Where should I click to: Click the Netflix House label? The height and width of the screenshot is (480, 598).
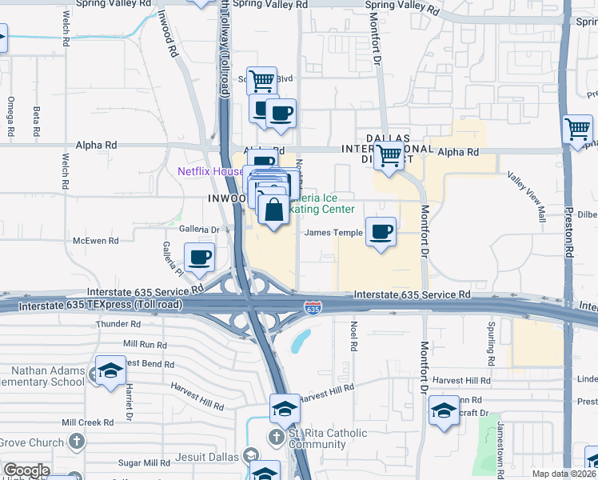tap(210, 171)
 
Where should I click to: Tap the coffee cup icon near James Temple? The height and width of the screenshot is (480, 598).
tap(381, 232)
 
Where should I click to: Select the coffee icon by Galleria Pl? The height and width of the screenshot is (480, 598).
tap(199, 258)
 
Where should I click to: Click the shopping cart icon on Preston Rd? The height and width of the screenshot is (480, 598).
tap(577, 129)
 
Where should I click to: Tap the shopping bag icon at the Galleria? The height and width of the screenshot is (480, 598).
tap(273, 210)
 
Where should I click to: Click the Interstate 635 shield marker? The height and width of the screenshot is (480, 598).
tap(313, 307)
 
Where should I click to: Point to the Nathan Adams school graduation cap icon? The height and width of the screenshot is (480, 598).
tap(111, 371)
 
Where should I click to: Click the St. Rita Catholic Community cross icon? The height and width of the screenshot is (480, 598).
tap(276, 437)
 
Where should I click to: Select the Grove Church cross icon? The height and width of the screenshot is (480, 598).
tap(76, 442)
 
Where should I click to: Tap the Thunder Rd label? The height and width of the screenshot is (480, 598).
tap(118, 325)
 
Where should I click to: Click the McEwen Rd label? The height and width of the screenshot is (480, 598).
tap(95, 240)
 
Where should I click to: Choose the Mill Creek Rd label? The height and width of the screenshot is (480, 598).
tap(87, 422)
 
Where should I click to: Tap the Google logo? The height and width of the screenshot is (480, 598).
tap(26, 470)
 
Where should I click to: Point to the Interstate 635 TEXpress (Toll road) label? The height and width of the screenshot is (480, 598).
tap(101, 306)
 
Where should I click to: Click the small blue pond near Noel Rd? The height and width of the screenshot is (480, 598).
tap(301, 342)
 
